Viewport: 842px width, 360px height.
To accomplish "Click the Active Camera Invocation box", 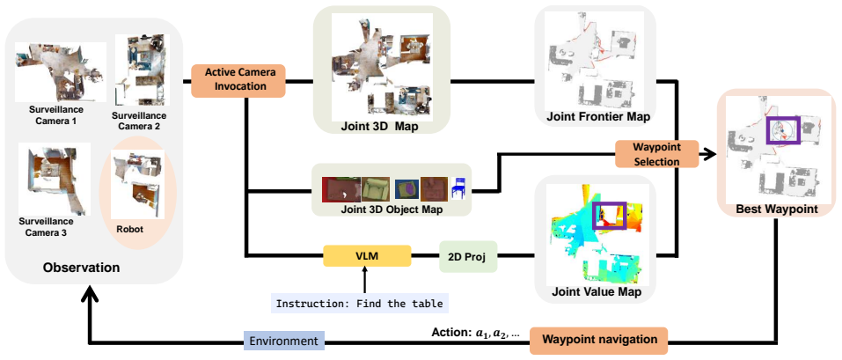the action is (238, 81).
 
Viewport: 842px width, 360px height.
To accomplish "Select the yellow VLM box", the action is (367, 256).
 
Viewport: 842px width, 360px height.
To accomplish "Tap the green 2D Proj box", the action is (468, 256).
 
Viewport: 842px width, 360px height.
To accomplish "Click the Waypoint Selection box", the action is (656, 154).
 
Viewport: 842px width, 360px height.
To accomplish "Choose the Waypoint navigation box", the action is (599, 340).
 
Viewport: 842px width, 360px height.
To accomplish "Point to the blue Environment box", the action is (284, 342).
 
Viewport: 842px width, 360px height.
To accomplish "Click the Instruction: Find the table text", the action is (359, 304).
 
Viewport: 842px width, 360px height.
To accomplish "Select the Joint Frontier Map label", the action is (597, 116).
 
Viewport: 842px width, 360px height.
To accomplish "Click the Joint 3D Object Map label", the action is (392, 209).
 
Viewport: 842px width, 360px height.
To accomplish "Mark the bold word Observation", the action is (81, 268).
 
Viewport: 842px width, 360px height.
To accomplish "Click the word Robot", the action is (129, 228).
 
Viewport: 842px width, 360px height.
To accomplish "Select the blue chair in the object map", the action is (458, 189).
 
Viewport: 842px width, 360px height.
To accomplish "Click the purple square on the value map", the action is (609, 203).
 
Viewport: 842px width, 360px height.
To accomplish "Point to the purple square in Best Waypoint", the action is (783, 117).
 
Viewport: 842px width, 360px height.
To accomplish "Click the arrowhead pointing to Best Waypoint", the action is (711, 154).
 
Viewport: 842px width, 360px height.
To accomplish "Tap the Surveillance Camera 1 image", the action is (60, 72).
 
